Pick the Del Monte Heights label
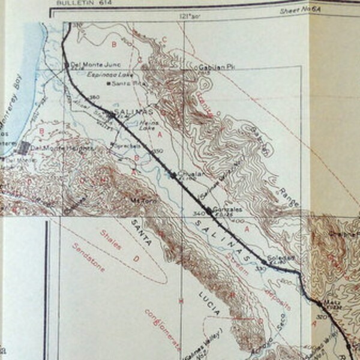tap(62, 148)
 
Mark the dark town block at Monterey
tap(25, 147)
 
